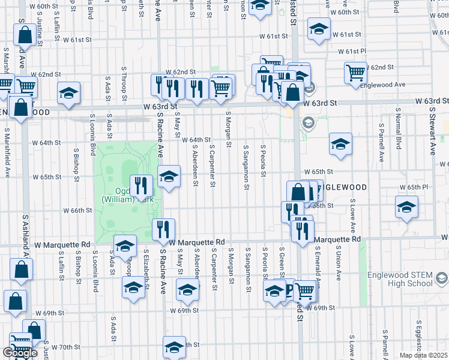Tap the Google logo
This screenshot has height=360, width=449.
[x=20, y=353]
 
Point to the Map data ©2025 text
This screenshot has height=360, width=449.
[x=424, y=355]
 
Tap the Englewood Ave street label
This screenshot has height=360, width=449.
[x=382, y=85]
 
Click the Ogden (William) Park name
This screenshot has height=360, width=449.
[x=124, y=194]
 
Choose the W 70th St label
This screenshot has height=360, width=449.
[x=65, y=347]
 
